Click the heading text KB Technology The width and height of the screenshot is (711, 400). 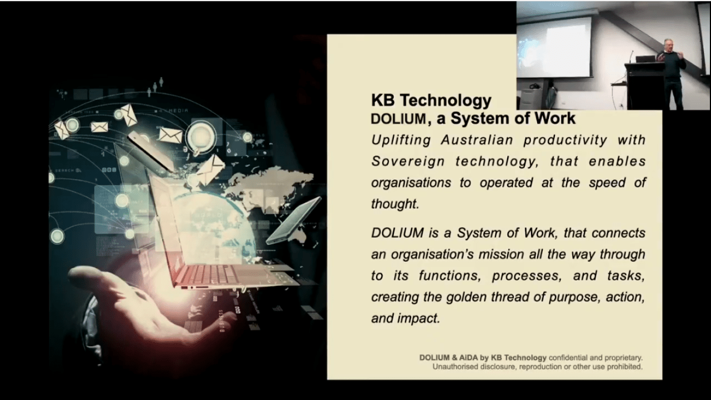(431, 101)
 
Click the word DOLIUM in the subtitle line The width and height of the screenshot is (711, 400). (398, 119)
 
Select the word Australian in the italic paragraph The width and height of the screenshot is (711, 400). (477, 140)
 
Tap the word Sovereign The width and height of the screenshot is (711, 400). (408, 161)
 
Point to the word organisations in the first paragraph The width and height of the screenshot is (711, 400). (411, 183)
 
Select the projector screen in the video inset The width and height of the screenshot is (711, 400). (554, 47)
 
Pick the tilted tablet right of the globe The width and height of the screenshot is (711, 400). (294, 221)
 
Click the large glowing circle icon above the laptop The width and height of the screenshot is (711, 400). (201, 136)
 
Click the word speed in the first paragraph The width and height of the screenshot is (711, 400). (607, 183)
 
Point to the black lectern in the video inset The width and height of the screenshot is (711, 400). (645, 86)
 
